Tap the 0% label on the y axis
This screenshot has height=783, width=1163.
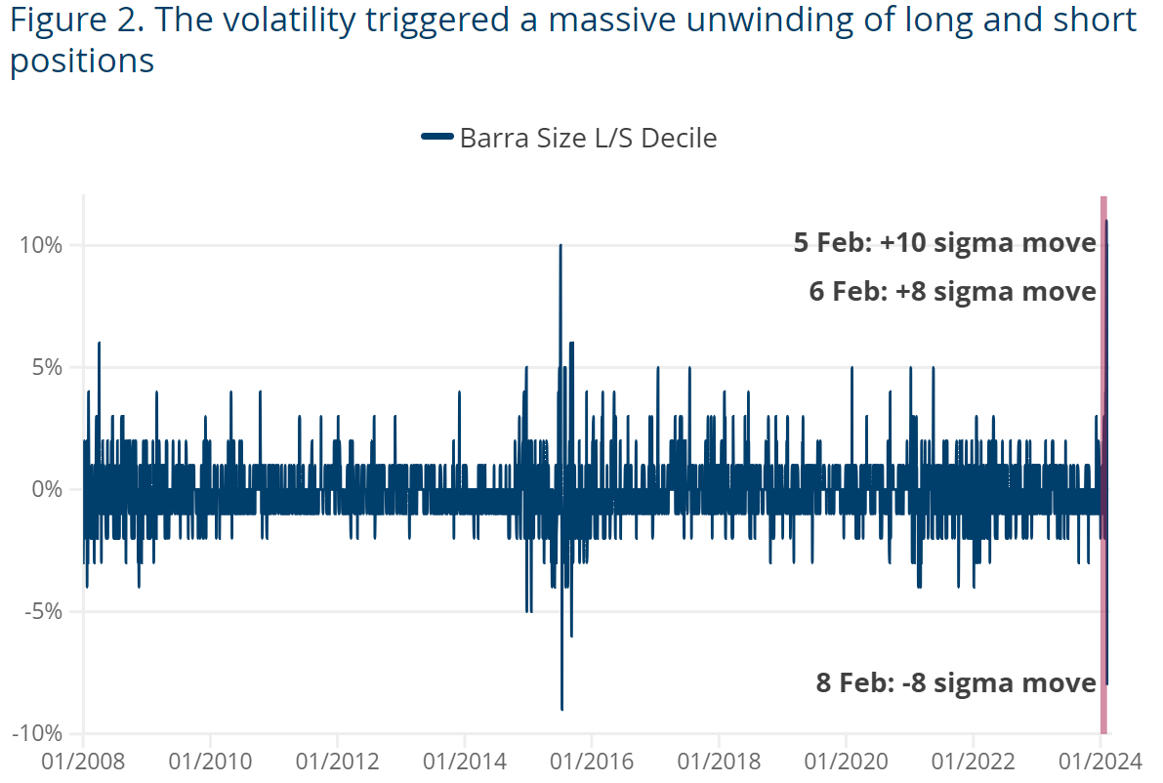[47, 489]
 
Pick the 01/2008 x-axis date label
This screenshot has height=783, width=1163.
[83, 761]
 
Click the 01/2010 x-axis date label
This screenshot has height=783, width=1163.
[210, 761]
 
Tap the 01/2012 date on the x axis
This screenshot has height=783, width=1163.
[337, 761]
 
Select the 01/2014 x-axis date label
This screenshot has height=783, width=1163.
[465, 761]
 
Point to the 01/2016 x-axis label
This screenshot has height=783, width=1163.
[592, 761]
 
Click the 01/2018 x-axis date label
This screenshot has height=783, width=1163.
[719, 761]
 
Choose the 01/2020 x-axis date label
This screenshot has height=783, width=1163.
[846, 761]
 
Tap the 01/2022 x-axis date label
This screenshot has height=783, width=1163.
[974, 761]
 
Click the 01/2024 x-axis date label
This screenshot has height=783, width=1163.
[1101, 761]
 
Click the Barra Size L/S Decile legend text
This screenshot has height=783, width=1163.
[588, 139]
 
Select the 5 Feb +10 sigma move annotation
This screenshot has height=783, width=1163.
[944, 243]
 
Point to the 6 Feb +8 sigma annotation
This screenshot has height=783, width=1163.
[952, 291]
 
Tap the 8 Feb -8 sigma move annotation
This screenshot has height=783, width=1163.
[956, 682]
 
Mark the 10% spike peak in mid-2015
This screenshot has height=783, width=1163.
[561, 246]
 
